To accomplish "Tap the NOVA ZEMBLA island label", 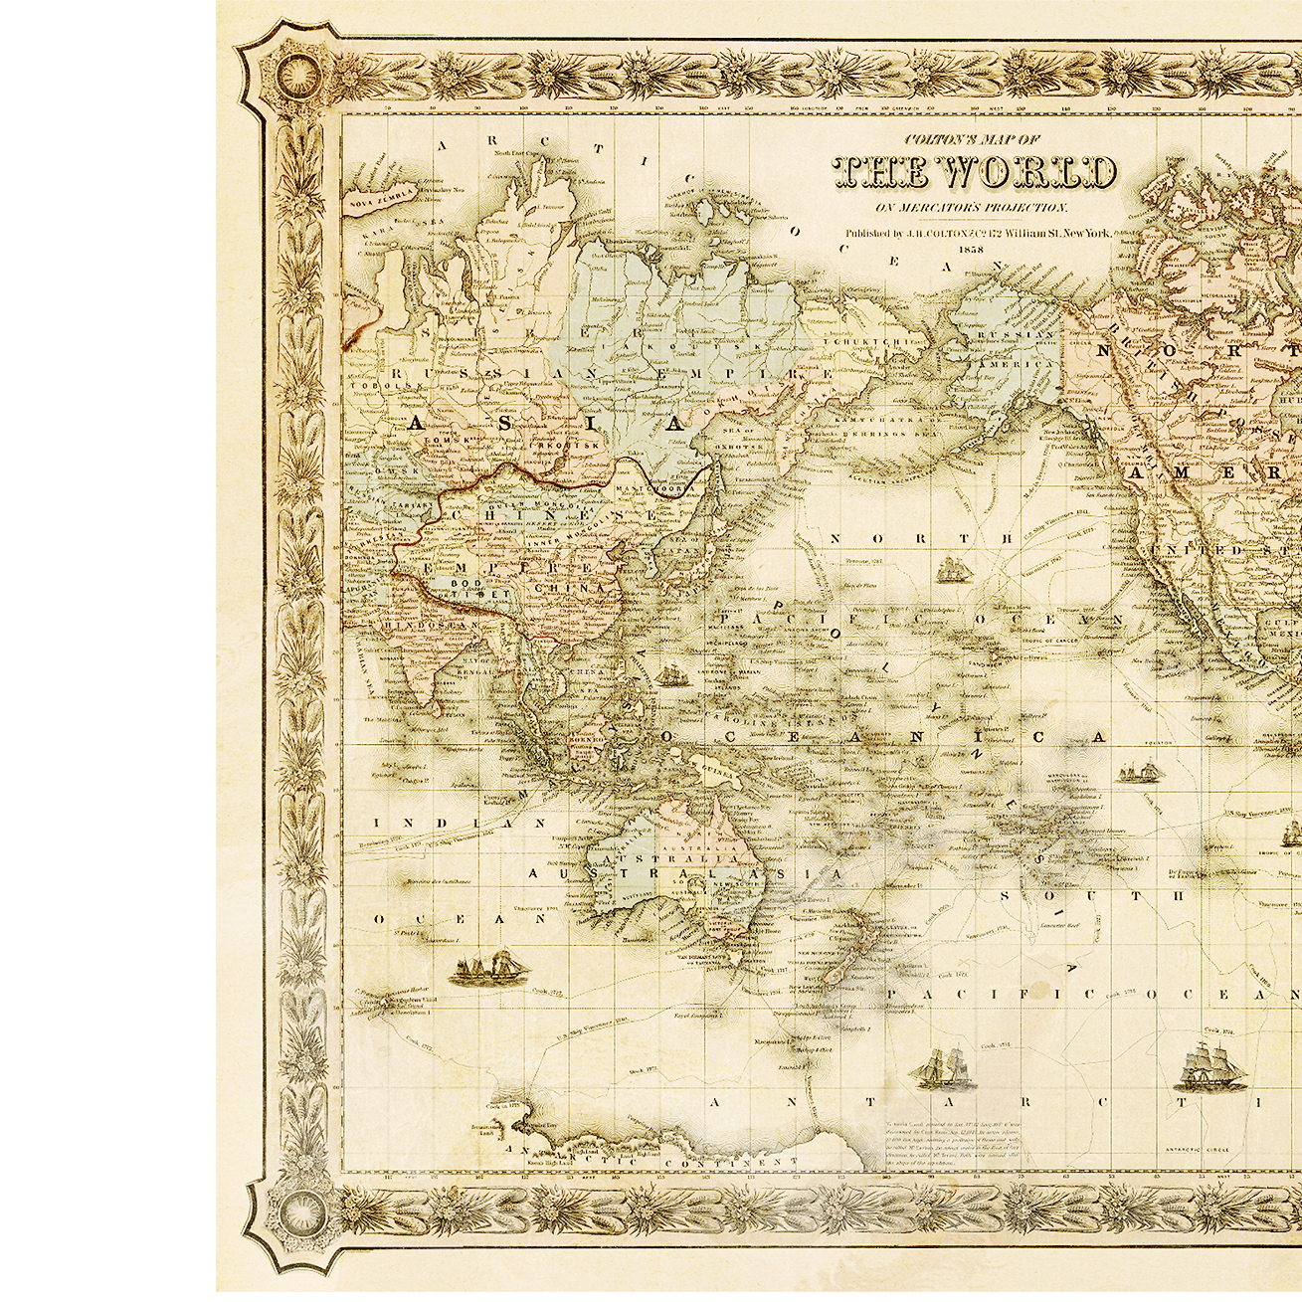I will pyautogui.click(x=370, y=200).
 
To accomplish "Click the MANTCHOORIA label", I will pyautogui.click(x=644, y=489).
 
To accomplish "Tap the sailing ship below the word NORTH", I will pyautogui.click(x=953, y=570).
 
